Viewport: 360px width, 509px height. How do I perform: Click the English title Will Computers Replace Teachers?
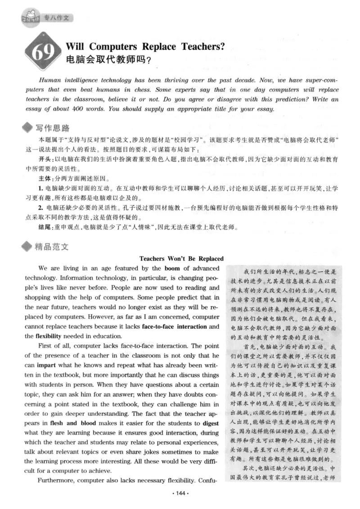click(x=145, y=45)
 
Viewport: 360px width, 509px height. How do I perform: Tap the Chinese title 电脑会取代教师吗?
click(x=108, y=59)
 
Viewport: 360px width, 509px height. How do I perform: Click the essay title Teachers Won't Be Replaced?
click(x=181, y=259)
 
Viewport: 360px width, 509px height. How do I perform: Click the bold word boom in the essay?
click(x=172, y=268)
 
